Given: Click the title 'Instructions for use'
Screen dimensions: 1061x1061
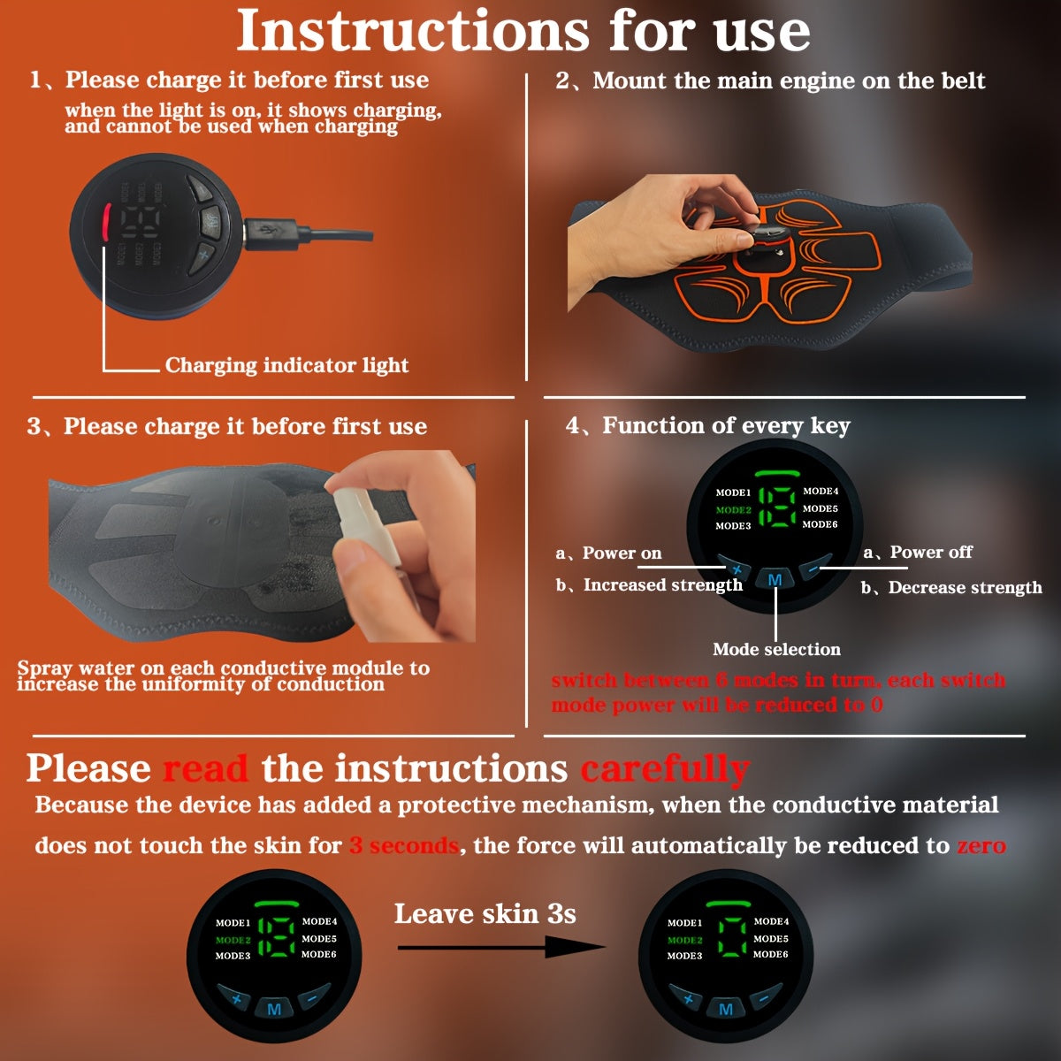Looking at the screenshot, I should [523, 31].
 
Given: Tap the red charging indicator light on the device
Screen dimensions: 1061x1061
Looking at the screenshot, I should [105, 223].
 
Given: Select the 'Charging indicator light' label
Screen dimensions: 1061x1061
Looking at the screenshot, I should [286, 365].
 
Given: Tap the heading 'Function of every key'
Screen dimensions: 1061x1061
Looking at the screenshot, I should [725, 426].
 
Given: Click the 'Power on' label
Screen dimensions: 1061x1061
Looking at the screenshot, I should [621, 553].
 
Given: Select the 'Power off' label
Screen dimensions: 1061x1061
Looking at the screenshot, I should [930, 553].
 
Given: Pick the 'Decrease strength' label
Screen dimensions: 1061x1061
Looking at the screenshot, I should [964, 588].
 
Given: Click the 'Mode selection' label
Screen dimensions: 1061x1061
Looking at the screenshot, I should [776, 650].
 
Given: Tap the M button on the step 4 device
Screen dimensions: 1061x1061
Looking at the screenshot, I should [775, 580].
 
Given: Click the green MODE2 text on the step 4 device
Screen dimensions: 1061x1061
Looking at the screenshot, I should [733, 510].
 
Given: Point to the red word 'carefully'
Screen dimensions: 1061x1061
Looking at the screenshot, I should [665, 769].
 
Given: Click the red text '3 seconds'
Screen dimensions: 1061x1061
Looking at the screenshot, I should [404, 846].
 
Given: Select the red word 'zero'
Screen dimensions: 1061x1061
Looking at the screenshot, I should [981, 846].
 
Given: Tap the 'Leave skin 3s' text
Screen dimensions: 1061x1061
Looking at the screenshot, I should [485, 913].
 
